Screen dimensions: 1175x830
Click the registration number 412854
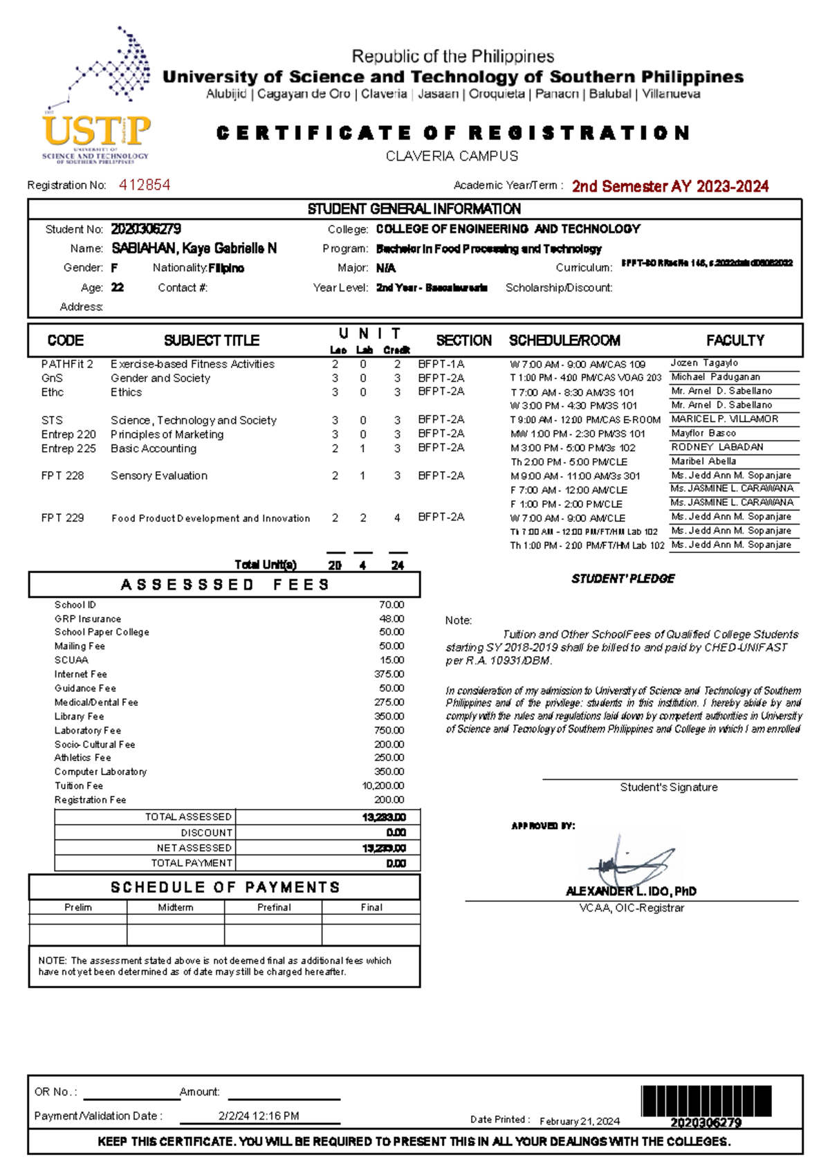pos(145,185)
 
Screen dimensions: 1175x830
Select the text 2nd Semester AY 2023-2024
pos(670,186)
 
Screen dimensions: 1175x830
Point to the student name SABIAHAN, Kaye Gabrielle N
pos(194,248)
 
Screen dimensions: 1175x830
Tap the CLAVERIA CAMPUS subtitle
pos(452,156)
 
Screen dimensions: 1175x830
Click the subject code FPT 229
pos(62,518)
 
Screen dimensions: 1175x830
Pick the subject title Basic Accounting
pos(154,448)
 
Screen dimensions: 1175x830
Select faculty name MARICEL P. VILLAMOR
pos(724,419)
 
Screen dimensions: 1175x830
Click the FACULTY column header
pos(735,340)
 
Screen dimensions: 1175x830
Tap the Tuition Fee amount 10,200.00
pos(383,786)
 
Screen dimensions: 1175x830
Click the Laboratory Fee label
pos(88,731)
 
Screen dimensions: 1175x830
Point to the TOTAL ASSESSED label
pos(188,817)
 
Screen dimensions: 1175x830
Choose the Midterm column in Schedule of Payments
pos(176,907)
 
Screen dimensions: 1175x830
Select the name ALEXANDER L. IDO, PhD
pos(631,891)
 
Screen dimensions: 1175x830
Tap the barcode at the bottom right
pos(705,1101)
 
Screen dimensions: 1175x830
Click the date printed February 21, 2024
pos(580,1122)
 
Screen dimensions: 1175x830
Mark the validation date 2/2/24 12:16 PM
pos(259,1116)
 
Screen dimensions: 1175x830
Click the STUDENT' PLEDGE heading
pos(622,579)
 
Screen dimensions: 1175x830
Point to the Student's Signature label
pos(668,787)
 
